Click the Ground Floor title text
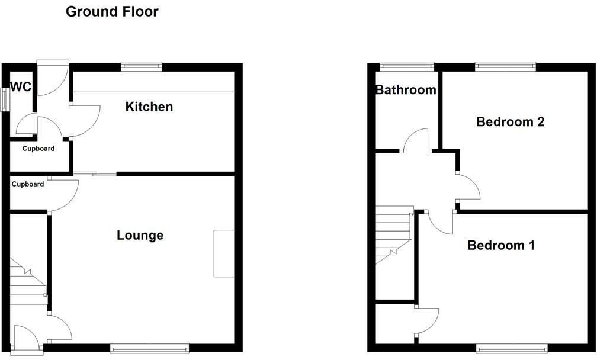pos(112,11)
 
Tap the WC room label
pos(21,87)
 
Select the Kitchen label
pos(149,107)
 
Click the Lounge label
pos(140,235)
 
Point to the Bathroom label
pos(406,90)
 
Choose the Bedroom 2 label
pos(510,122)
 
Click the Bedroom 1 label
pos(501,245)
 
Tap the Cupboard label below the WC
pos(38,149)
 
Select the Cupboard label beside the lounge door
pos(28,184)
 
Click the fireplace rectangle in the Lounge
pos(224,253)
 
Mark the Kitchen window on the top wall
pos(142,66)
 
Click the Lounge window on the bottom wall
pos(149,349)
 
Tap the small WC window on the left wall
pos(4,98)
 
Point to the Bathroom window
pos(407,66)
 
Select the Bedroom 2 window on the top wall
pos(505,66)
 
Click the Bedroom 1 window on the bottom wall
pos(512,349)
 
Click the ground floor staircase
pos(27,278)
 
